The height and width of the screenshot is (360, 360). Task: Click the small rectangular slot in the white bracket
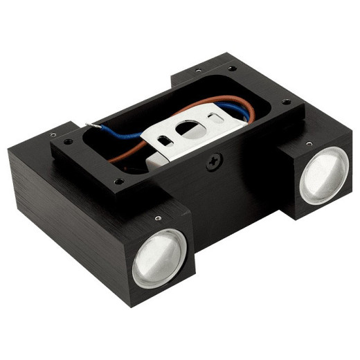[x=165, y=140]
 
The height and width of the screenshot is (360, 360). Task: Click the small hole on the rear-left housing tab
[x=199, y=70]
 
